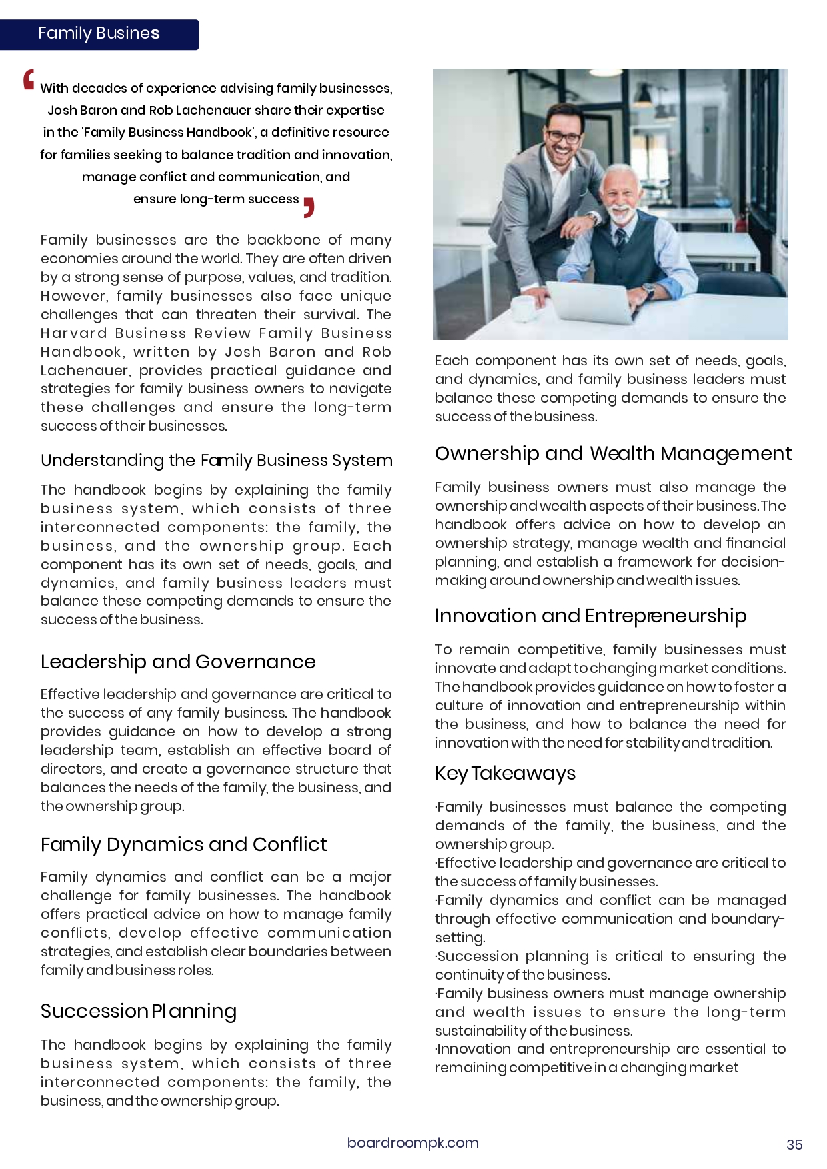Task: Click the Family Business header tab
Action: [99, 34]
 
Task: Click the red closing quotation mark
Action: [309, 207]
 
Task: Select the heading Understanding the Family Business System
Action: [216, 461]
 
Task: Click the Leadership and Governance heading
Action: [178, 662]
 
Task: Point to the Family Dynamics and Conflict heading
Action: [183, 844]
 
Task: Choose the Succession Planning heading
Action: [138, 1011]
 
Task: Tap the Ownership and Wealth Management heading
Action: [612, 453]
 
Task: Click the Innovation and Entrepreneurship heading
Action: [590, 616]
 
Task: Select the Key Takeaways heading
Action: [505, 773]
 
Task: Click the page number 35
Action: [794, 1144]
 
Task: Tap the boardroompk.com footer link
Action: [413, 1142]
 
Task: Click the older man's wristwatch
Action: [647, 289]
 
